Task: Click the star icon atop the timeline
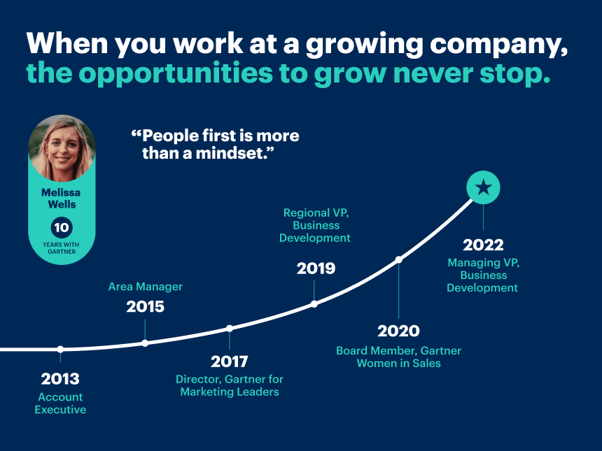point(483,187)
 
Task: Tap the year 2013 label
point(60,379)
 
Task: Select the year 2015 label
point(145,306)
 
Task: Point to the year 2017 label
point(230,361)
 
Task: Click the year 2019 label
point(316,268)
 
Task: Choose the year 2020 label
point(398,331)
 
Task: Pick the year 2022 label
point(483,245)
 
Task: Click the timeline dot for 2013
point(60,349)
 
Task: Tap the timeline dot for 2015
point(145,343)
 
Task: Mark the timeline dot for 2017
point(230,328)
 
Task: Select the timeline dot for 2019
point(314,303)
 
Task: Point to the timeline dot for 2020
point(399,259)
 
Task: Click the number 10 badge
point(62,227)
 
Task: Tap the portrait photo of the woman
point(62,148)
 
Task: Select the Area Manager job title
point(145,287)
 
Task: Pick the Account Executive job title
point(60,403)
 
